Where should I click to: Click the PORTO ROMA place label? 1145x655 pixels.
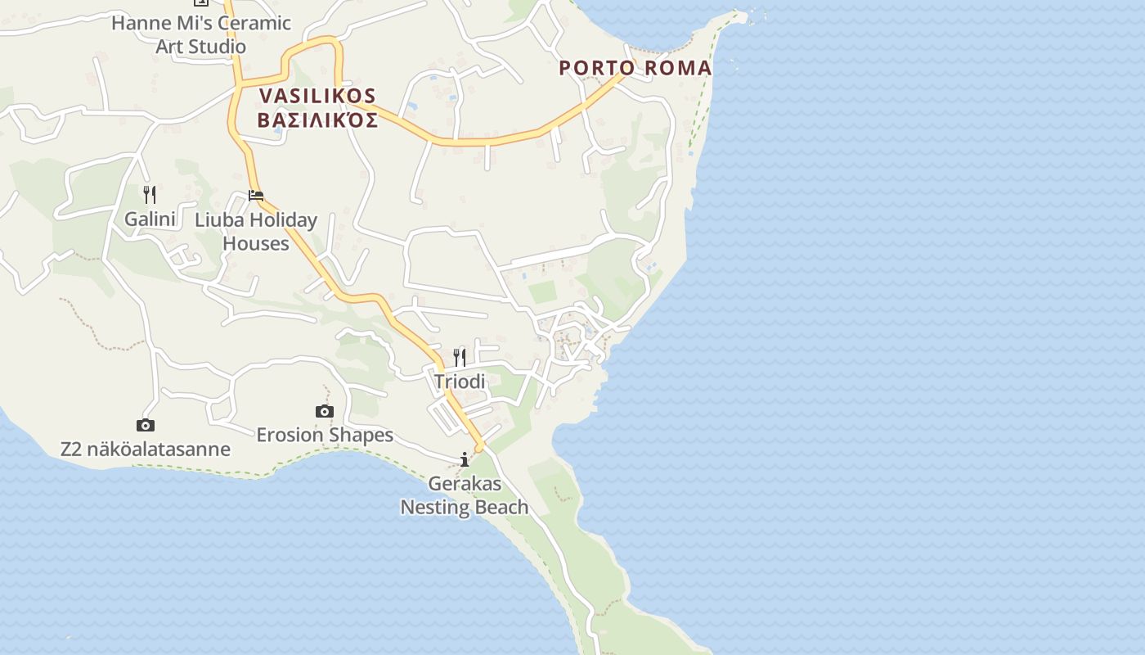coord(635,68)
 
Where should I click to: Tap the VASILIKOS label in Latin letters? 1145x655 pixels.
coord(317,96)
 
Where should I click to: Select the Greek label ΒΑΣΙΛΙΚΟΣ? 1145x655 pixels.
coord(317,121)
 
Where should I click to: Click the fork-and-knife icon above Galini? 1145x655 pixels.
coord(149,194)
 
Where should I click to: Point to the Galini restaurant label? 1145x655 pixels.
coord(150,219)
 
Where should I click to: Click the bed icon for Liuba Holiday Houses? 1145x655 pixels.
coord(256,196)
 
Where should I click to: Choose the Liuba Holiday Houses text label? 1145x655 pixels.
coord(256,232)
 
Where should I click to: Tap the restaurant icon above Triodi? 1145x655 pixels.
coord(460,357)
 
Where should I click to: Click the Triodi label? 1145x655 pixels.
coord(460,382)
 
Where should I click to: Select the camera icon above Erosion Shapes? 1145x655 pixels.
coord(325,411)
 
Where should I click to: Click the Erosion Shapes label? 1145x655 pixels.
coord(325,435)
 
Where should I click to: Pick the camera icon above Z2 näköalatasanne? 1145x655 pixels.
coord(146,425)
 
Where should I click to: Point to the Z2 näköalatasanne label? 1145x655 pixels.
coord(146,449)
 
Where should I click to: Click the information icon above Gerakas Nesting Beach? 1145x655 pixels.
coord(465,459)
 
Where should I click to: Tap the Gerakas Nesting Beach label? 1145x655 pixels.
coord(465,495)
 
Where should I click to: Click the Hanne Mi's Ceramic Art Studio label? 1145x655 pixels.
coord(201,34)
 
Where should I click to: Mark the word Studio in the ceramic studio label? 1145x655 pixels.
coord(216,47)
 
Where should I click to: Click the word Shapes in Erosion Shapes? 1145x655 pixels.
coord(361,435)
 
